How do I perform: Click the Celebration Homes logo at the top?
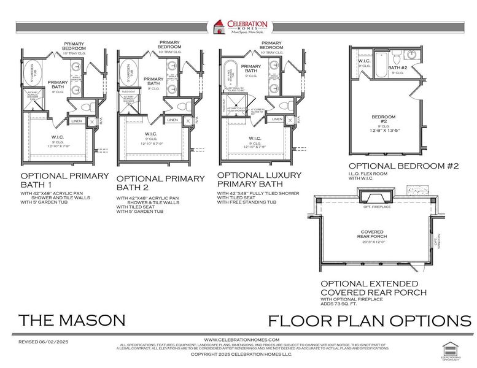click(x=239, y=28)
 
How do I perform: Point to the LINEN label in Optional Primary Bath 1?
click(x=77, y=121)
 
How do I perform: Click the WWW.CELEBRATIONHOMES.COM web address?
click(x=241, y=339)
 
